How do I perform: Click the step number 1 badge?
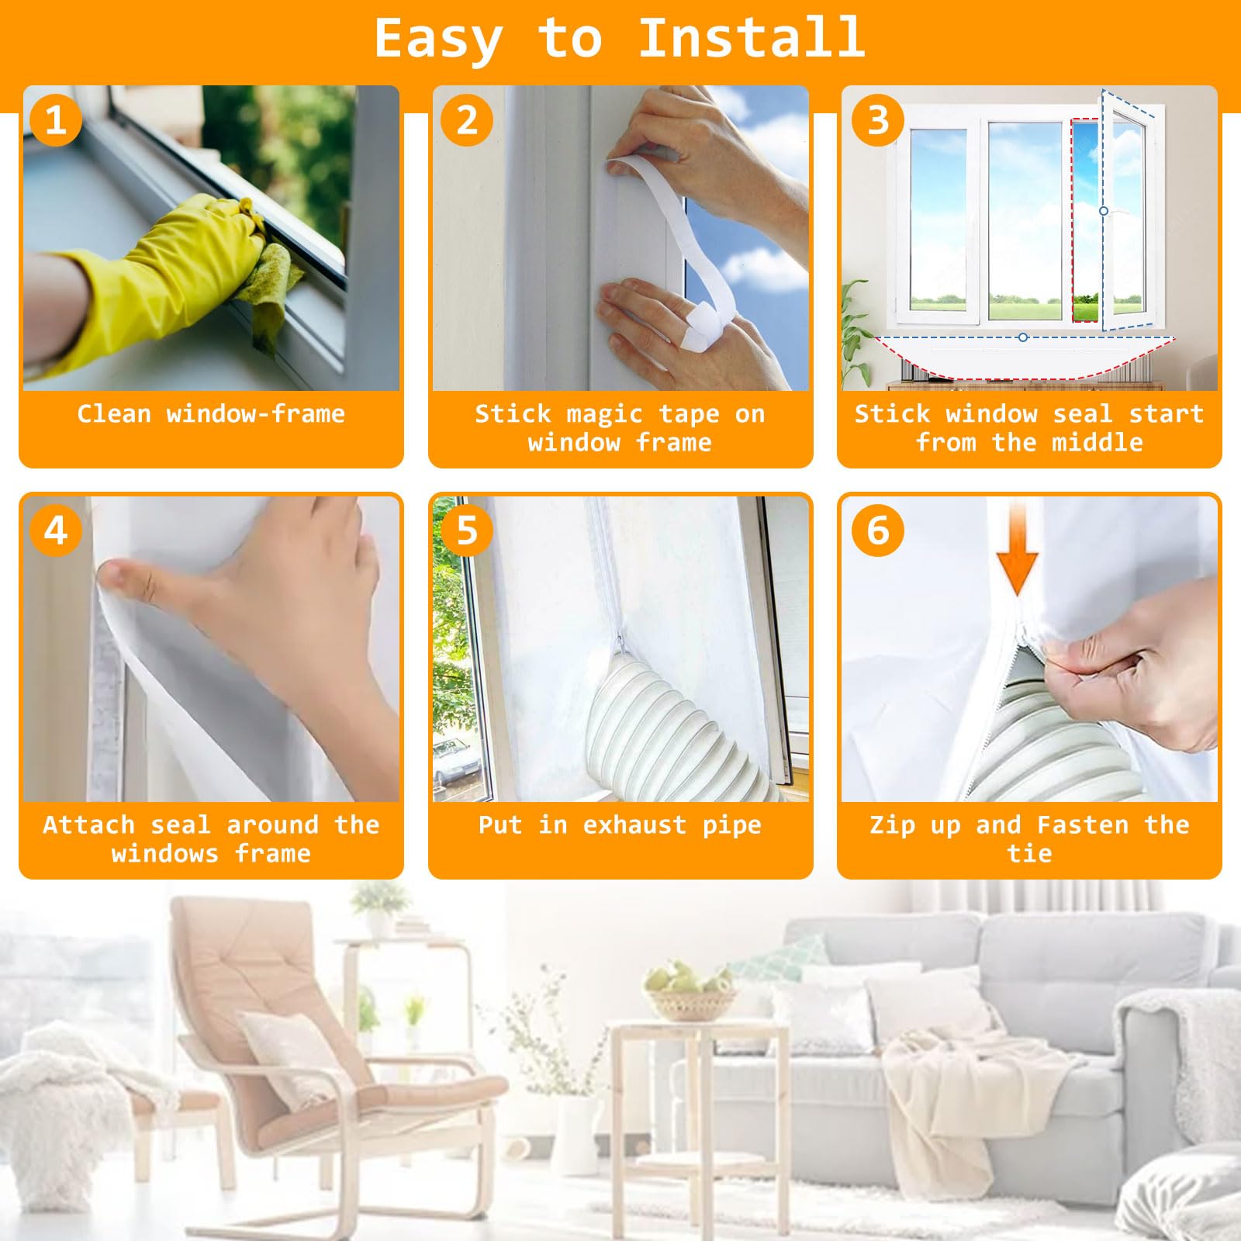point(56,120)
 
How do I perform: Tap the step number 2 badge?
point(467,120)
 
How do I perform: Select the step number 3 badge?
point(878,120)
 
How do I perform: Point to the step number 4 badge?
point(56,531)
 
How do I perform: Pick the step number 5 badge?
point(467,531)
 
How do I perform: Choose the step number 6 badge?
point(878,531)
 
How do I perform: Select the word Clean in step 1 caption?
point(114,414)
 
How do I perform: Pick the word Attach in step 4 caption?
point(88,824)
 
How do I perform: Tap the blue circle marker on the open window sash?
point(1103,211)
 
